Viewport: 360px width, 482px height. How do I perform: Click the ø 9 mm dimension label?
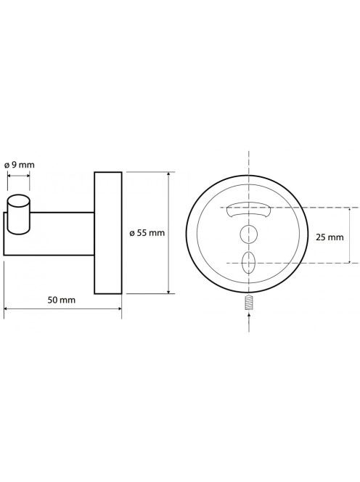[x=20, y=165]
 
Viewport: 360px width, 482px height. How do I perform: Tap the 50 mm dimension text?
[x=62, y=300]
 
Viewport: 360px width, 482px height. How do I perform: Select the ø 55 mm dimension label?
[x=147, y=233]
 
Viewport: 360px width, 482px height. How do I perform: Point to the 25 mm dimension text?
[x=330, y=237]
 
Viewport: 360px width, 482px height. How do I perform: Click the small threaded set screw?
[x=248, y=303]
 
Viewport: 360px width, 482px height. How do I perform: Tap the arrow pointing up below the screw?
[x=249, y=322]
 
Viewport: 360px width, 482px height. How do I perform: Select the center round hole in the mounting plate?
[x=248, y=234]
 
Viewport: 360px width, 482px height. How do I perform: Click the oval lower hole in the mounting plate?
[x=248, y=263]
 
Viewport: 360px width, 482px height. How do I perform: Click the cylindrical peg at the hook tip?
[x=18, y=215]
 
